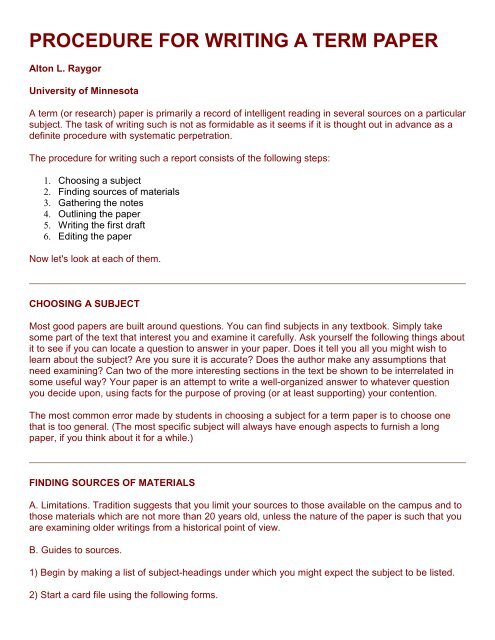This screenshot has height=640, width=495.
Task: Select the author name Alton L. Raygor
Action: tap(76, 73)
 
